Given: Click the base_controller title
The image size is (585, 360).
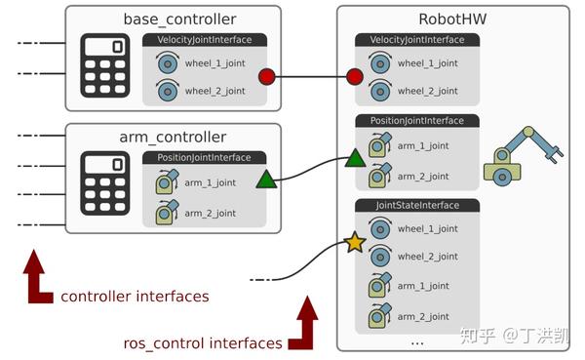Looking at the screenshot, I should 179,20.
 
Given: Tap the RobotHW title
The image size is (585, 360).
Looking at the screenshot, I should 452,20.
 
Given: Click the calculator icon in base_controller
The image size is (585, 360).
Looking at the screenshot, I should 106,64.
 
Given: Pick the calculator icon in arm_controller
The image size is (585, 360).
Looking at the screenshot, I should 106,183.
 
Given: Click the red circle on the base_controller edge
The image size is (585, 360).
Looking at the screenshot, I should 266,77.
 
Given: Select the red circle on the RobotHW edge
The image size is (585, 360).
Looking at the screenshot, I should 354,76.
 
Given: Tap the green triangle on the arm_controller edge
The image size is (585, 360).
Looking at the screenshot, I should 266,179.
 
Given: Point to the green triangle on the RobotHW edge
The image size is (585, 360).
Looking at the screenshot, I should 354,158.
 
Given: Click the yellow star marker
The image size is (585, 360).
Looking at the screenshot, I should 354,242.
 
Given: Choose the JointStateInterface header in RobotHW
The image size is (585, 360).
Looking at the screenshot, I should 417,206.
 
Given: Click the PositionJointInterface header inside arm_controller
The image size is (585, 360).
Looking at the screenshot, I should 204,157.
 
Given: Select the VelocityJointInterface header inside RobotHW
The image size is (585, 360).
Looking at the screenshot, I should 417,39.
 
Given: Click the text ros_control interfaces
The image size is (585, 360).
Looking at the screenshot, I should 203,342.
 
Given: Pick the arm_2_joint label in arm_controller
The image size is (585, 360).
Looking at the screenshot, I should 211,213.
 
